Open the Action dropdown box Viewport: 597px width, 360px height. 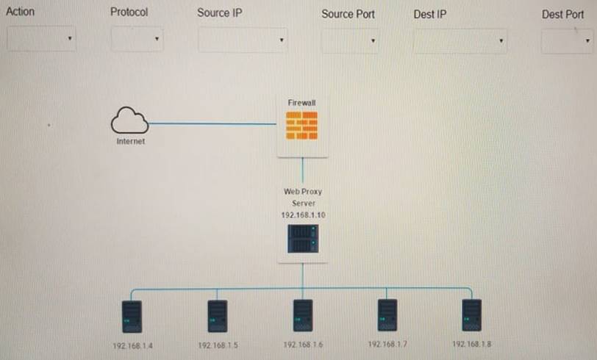[41, 39]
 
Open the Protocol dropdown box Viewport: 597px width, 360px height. [137, 39]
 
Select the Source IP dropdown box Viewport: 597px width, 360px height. [242, 40]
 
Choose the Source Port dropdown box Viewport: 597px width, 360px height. [349, 40]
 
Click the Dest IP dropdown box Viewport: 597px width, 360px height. [460, 40]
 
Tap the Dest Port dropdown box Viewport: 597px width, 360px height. [565, 41]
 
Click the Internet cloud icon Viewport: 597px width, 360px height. [130, 120]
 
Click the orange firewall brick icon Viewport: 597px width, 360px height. [301, 126]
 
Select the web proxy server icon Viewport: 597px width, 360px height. [302, 239]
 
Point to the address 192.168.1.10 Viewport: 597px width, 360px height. [301, 214]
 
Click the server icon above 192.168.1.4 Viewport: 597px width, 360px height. [132, 316]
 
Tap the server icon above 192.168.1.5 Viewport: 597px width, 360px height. [217, 316]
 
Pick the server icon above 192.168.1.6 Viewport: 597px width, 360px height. [302, 315]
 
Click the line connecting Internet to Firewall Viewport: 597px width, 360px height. [213, 123]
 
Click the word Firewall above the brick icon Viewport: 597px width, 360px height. [301, 103]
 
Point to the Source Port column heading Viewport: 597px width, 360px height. [348, 14]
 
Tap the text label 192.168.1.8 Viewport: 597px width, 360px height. [471, 344]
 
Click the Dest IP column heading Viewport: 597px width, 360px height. [429, 14]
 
